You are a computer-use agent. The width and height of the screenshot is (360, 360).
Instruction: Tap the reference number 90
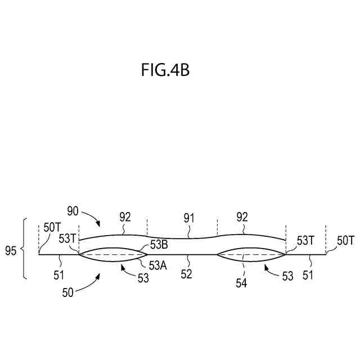click(x=73, y=211)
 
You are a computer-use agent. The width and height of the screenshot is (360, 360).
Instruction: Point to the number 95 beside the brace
click(x=11, y=248)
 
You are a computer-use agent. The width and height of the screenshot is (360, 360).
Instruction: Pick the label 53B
click(x=159, y=244)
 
